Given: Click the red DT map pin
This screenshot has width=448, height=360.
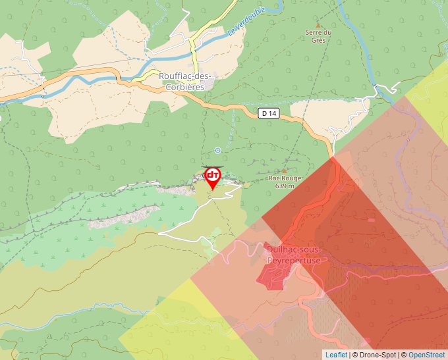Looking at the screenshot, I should coord(213,176).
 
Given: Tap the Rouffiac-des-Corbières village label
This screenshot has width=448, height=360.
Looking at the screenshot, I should coord(187,80).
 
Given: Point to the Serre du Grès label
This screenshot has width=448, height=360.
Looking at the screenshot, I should coord(318,36).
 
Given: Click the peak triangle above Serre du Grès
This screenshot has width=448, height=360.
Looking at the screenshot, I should coord(318,25).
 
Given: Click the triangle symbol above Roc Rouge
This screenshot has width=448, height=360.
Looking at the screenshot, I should coord(284,170).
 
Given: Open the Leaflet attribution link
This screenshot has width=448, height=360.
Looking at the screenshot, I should coord(336,355).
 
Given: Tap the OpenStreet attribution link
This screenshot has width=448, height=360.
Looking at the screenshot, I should coord(427,355).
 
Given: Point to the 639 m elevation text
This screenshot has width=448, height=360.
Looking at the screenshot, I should coord(284,186).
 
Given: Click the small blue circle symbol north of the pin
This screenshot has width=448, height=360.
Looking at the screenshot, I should coord(217,150).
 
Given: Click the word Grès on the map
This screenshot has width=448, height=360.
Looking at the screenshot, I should coord(318,39).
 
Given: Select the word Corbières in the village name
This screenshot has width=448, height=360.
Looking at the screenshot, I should coord(187,86).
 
